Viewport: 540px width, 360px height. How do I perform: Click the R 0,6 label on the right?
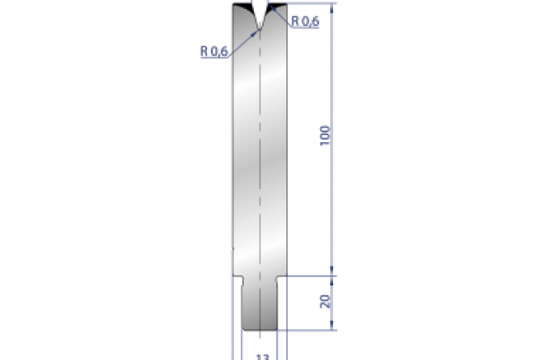tap(304, 22)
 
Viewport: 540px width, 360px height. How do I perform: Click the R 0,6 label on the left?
tap(214, 51)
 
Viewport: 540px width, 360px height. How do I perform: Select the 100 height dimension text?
tap(325, 135)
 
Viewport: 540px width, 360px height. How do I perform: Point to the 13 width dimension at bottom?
tap(262, 356)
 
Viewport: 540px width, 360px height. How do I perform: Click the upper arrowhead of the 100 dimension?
tap(335, 8)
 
